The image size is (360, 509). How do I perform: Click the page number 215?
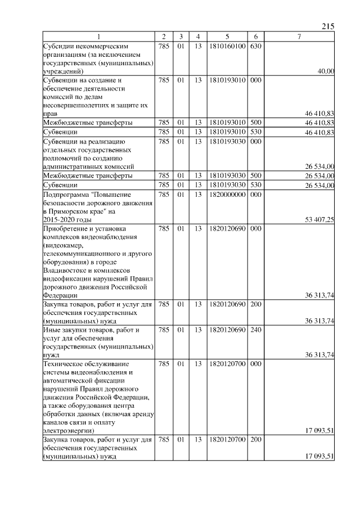click(x=328, y=26)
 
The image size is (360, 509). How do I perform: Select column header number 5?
click(x=228, y=37)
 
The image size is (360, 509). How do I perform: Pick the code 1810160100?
click(x=228, y=46)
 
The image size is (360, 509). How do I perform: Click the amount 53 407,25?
click(x=319, y=220)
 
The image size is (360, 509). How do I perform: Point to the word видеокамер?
click(x=64, y=245)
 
